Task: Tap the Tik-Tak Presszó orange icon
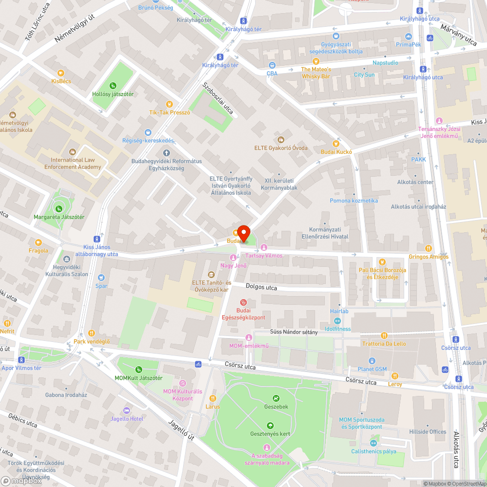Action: [x=169, y=104]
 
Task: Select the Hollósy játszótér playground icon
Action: [x=113, y=86]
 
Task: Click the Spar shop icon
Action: [x=101, y=278]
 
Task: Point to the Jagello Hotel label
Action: [x=126, y=418]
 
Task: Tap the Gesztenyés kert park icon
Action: [x=270, y=425]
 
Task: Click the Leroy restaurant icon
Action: [x=395, y=375]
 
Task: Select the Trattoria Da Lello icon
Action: [x=384, y=335]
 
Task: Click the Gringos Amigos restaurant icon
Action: [x=428, y=248]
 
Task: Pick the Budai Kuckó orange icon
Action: [x=335, y=143]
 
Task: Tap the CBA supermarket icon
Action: [x=272, y=65]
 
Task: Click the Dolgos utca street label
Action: [x=261, y=287]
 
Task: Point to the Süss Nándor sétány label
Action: [x=294, y=332]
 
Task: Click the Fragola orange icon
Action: [x=38, y=242]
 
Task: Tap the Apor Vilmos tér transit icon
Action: [x=21, y=360]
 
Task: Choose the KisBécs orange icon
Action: [x=61, y=73]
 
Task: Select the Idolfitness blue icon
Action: [x=337, y=320]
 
